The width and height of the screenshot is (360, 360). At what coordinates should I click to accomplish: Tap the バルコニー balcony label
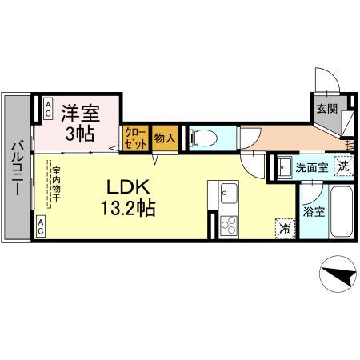click(x=16, y=171)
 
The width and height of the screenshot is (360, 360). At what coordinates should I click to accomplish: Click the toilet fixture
click(x=201, y=138)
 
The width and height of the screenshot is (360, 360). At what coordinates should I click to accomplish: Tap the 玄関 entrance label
click(x=325, y=109)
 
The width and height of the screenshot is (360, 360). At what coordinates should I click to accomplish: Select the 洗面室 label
click(x=311, y=168)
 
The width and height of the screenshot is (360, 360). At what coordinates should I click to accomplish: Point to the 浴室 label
click(x=314, y=212)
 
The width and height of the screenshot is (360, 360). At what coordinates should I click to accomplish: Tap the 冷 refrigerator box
click(x=285, y=227)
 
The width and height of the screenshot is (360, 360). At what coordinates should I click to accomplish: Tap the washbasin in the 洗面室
click(x=284, y=168)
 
